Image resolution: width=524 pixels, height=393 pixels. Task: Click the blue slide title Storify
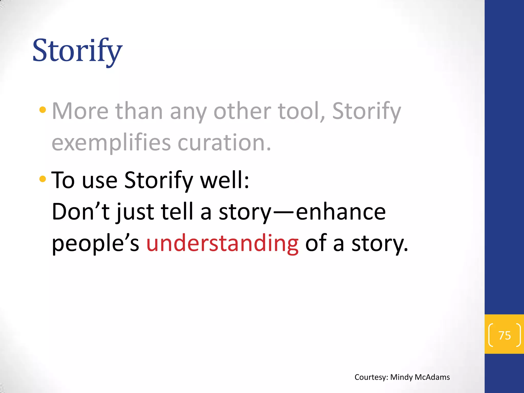click(x=77, y=50)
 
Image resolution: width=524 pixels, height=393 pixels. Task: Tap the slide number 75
click(x=505, y=335)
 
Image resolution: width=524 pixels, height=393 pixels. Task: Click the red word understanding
click(x=222, y=243)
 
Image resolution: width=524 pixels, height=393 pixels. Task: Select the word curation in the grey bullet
click(x=224, y=143)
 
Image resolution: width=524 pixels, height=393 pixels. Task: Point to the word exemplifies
click(x=111, y=143)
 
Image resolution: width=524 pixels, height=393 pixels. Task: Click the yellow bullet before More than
click(x=43, y=110)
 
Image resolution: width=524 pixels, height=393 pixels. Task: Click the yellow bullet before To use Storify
click(x=43, y=179)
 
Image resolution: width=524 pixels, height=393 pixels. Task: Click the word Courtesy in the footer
click(x=371, y=377)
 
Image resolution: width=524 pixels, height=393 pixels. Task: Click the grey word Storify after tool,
click(x=366, y=111)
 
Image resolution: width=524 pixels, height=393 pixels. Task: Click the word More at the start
click(x=80, y=111)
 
